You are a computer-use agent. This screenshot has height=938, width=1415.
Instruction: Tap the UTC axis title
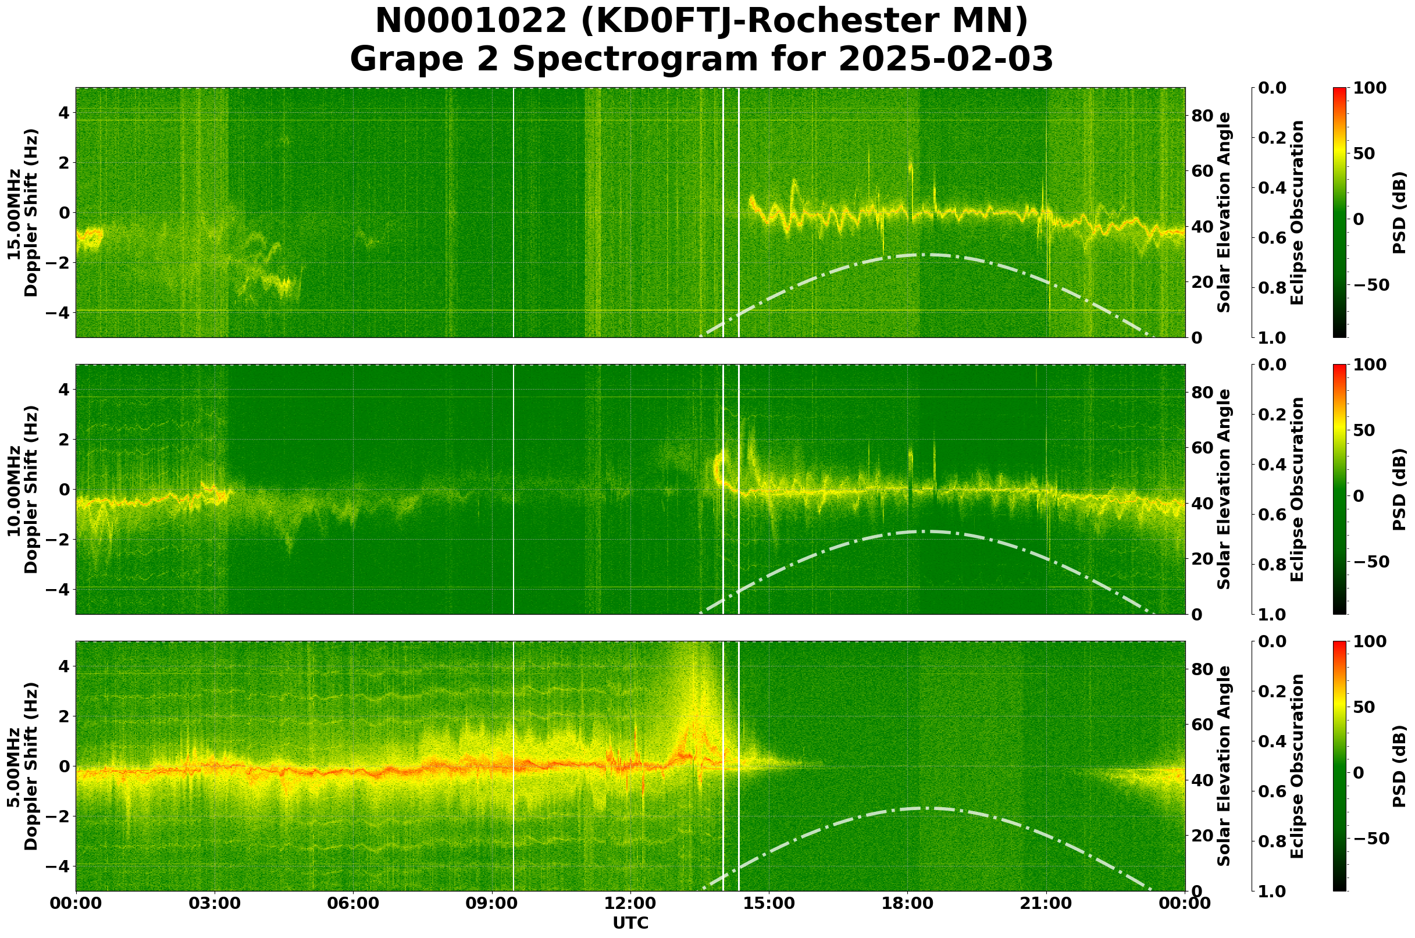tap(630, 923)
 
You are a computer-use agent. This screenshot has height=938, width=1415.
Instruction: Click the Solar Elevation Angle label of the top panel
tap(1224, 213)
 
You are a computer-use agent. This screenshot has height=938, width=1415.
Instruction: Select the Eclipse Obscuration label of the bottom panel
tap(1296, 767)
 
